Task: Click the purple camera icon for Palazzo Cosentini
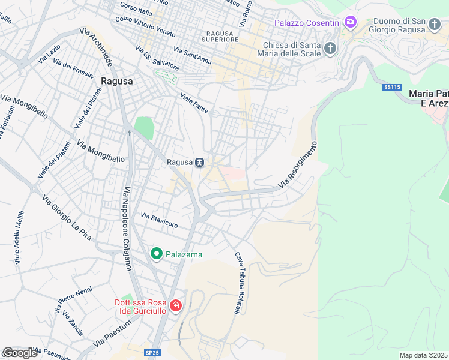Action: [x=350, y=23]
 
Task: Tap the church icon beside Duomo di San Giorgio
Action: [x=435, y=24]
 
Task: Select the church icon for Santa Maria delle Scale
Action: [x=330, y=49]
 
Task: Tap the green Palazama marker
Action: [x=157, y=254]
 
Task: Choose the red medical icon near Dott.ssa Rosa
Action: [x=175, y=307]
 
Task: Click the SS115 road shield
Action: [x=391, y=87]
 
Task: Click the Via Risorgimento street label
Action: [x=297, y=164]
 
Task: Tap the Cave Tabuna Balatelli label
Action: [x=238, y=283]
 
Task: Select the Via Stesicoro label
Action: [x=159, y=220]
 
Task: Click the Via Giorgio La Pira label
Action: [x=66, y=218]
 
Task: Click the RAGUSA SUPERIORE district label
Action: [x=221, y=36]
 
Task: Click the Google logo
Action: [x=20, y=353]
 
